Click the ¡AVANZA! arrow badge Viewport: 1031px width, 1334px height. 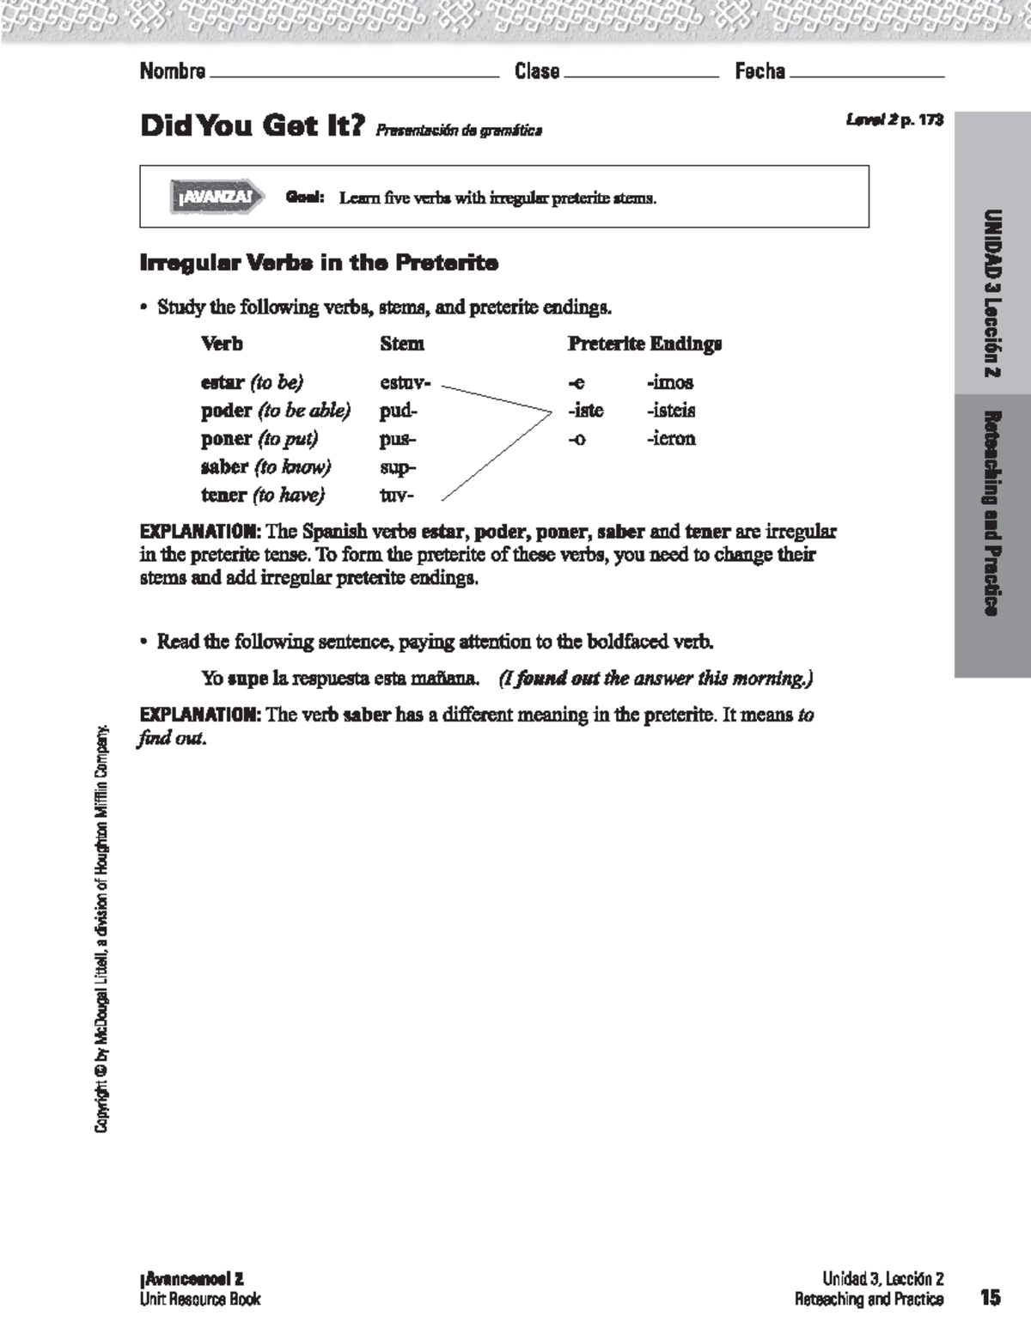point(216,197)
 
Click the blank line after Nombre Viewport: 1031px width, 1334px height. point(354,75)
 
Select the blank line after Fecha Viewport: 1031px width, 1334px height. point(866,75)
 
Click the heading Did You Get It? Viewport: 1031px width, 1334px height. point(253,126)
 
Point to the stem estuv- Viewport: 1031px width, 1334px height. point(405,382)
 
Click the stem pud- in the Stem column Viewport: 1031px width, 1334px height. point(398,411)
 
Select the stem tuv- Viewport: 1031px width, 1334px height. point(396,495)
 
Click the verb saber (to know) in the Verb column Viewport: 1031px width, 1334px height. point(265,466)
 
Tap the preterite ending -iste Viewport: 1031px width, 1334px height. point(585,411)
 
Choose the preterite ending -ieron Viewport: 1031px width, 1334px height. point(670,438)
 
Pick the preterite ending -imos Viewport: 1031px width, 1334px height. point(669,382)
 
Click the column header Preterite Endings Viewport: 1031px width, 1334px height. point(644,344)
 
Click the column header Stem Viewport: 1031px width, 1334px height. point(402,344)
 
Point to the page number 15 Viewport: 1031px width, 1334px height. point(990,1297)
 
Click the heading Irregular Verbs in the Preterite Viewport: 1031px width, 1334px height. point(319,263)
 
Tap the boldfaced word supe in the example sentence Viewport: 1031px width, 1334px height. point(247,679)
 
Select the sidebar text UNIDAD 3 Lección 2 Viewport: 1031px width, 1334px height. point(992,293)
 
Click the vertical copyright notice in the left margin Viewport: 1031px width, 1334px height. point(102,928)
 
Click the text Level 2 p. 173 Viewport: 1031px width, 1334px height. point(894,120)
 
